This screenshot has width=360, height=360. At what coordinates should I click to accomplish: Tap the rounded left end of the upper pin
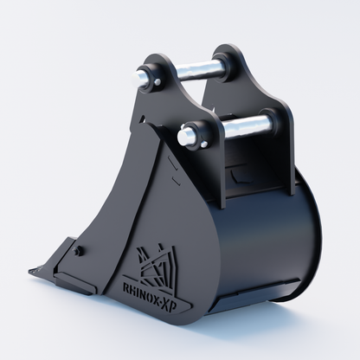[x=138, y=77]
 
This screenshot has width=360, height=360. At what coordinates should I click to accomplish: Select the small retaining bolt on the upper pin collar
[x=157, y=83]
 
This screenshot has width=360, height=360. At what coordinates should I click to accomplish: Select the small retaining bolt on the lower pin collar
[x=204, y=144]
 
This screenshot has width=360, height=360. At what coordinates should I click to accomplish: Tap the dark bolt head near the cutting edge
[x=77, y=251]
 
